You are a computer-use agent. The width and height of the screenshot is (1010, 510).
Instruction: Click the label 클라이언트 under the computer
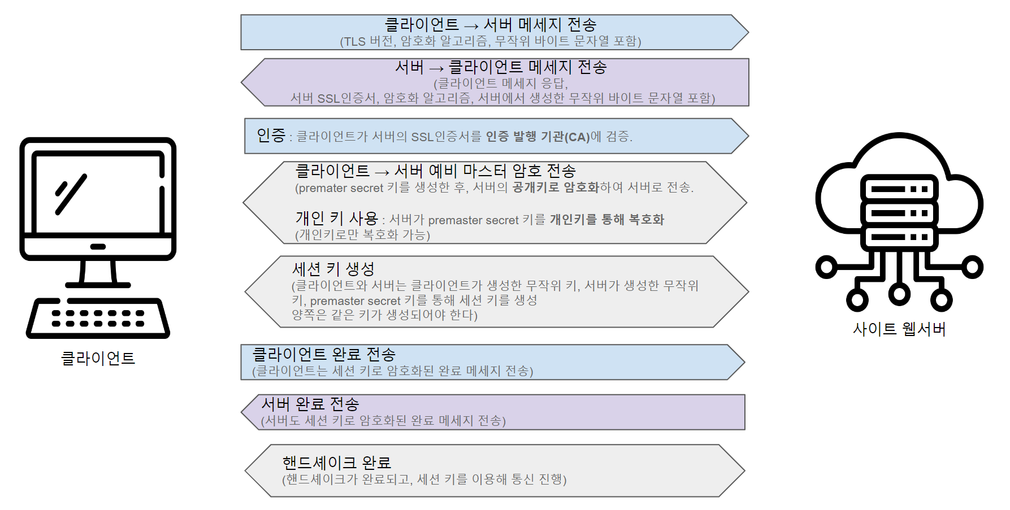98,358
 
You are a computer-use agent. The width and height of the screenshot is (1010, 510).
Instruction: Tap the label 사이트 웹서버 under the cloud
899,329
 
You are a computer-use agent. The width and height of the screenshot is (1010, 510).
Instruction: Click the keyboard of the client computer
98,319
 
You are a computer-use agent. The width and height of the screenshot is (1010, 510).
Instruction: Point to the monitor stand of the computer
98,273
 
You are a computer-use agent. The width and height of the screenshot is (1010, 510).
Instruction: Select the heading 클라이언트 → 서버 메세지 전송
490,25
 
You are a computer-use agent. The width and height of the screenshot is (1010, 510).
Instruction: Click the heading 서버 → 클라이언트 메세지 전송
501,67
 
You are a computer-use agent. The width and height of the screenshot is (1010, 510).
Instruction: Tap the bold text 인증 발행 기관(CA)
537,137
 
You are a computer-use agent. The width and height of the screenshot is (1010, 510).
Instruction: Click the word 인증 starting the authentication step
271,136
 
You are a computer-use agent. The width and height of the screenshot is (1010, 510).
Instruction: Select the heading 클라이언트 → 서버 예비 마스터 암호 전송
435,171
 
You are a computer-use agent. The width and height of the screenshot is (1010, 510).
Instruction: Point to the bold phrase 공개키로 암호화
555,188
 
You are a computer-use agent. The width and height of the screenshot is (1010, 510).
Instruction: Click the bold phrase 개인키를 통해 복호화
606,220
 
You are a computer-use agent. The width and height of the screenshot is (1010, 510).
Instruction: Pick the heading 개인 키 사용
336,219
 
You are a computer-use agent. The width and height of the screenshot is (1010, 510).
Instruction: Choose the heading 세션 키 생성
333,269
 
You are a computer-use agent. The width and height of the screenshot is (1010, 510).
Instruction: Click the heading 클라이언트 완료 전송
323,355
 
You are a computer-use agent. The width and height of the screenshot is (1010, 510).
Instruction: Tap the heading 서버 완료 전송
310,404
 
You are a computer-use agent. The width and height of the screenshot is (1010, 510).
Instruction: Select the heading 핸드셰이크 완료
336,463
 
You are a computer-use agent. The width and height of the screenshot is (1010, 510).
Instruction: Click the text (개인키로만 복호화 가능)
362,235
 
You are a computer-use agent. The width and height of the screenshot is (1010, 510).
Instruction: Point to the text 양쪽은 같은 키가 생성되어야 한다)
384,315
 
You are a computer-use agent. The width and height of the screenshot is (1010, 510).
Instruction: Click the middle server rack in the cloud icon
899,213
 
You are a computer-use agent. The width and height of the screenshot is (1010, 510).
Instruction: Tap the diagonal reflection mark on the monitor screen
71,194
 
